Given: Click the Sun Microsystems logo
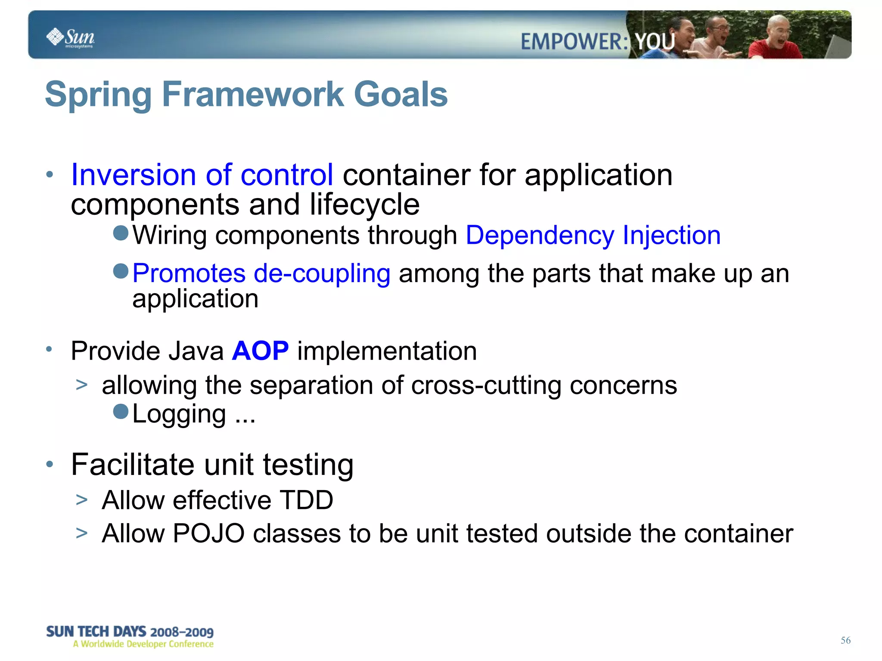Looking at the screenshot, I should click(x=70, y=37).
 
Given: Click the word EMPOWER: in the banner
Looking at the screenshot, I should click(x=574, y=42).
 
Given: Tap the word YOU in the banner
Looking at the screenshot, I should click(x=655, y=42).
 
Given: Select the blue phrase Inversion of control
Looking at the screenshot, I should click(x=202, y=175).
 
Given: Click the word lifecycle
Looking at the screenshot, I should click(x=364, y=204).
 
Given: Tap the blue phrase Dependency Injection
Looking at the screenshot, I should click(x=593, y=236).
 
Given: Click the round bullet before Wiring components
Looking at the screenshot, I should click(x=121, y=233).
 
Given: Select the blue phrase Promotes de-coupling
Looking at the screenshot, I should click(x=261, y=273).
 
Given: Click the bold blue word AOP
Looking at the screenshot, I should click(x=260, y=351).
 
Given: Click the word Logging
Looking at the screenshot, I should click(x=179, y=414).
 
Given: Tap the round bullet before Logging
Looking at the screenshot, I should click(x=121, y=411).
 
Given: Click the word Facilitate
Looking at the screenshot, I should click(x=133, y=465).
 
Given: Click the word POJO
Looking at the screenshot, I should click(x=208, y=534).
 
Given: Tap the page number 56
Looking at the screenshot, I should click(x=845, y=640).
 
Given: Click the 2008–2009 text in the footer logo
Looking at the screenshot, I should click(x=182, y=632).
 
